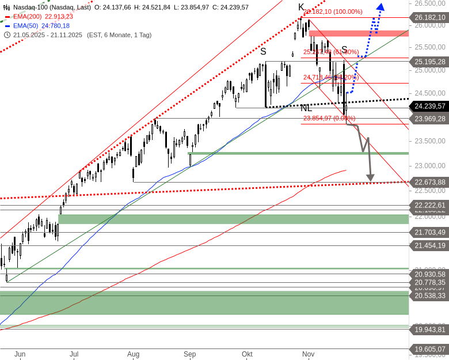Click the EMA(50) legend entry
[x=38, y=25]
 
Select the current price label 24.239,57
[x=429, y=106]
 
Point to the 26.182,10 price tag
[x=429, y=18]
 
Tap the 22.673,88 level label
[x=429, y=182]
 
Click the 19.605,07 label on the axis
[x=429, y=349]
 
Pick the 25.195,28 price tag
[x=429, y=62]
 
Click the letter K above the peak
[x=301, y=7]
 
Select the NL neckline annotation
[x=306, y=108]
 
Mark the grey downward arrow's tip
[x=370, y=179]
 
